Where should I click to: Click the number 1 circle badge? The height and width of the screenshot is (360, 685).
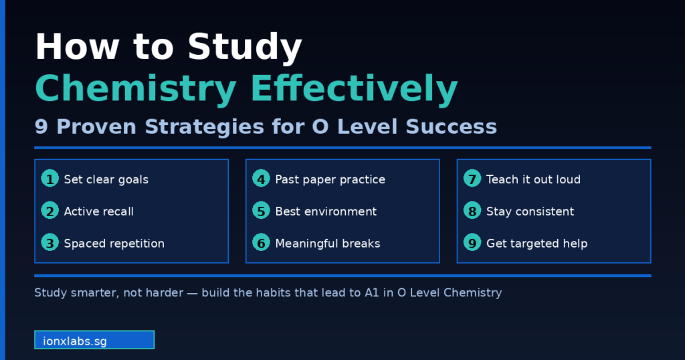click(50, 179)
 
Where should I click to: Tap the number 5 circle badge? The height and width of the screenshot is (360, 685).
click(261, 211)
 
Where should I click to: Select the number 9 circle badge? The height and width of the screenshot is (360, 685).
click(472, 243)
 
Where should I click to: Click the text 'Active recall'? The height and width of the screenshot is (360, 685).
click(98, 211)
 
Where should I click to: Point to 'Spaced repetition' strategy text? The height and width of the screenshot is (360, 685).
click(114, 244)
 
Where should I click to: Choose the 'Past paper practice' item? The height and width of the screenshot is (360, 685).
click(330, 179)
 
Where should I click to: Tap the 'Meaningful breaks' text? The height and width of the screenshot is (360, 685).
click(327, 244)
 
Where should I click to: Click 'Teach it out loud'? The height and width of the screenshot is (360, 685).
click(533, 179)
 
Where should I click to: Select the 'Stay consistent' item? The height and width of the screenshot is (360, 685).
click(530, 211)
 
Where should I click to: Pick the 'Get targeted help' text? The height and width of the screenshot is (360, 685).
click(536, 244)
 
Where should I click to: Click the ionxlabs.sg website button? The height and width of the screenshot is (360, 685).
click(94, 340)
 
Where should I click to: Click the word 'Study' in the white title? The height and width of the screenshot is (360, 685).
click(245, 48)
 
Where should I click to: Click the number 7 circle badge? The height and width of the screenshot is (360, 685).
click(472, 179)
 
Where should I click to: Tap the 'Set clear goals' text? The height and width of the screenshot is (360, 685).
click(106, 179)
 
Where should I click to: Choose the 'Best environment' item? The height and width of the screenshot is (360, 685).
click(326, 211)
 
